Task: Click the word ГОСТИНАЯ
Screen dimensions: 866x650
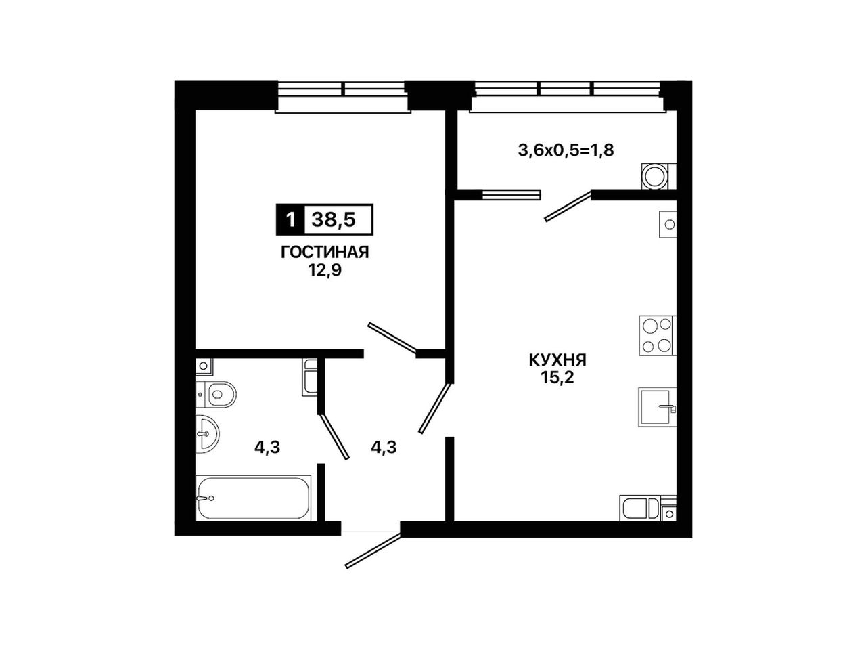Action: (x=324, y=252)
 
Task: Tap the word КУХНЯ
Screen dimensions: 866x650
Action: (x=557, y=360)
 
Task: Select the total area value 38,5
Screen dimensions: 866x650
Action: (x=334, y=219)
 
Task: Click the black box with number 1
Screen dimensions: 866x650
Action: (x=290, y=219)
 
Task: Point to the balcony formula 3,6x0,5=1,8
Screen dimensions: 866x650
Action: (x=566, y=150)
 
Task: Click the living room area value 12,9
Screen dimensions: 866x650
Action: (x=325, y=271)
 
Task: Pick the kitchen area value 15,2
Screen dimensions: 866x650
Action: (x=557, y=378)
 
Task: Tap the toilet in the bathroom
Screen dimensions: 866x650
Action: (x=216, y=394)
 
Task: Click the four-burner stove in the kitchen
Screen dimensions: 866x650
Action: (x=657, y=335)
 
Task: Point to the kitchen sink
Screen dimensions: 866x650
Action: (x=656, y=406)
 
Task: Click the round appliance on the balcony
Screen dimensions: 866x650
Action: (x=655, y=175)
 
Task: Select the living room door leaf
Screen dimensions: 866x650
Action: (x=392, y=337)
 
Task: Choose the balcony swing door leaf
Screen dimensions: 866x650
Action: (x=568, y=206)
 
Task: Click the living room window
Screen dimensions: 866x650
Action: (x=343, y=97)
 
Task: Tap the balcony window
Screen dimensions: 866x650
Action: (x=567, y=97)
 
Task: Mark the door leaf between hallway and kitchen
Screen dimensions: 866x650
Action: (x=435, y=408)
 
